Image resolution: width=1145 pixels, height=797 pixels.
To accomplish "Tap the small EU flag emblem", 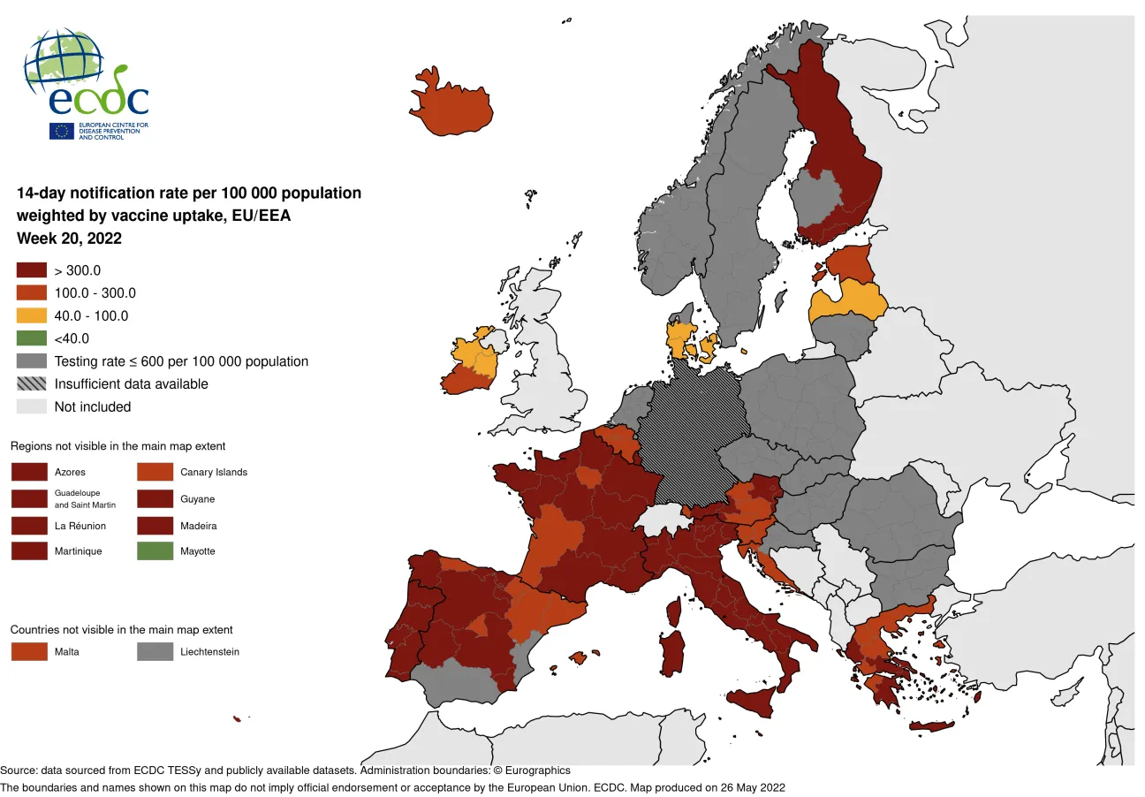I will [x=62, y=131].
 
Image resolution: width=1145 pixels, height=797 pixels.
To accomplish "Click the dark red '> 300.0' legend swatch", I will [x=31, y=270].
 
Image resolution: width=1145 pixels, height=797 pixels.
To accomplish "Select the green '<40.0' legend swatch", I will [x=31, y=338].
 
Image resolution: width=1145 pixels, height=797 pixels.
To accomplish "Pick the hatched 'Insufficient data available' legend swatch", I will [x=31, y=383].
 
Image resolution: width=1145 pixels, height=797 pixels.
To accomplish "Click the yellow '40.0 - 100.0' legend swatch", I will [x=31, y=315].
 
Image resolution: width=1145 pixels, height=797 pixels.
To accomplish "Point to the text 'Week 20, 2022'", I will [x=69, y=239].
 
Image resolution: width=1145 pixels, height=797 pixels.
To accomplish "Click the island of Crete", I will [x=932, y=726].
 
